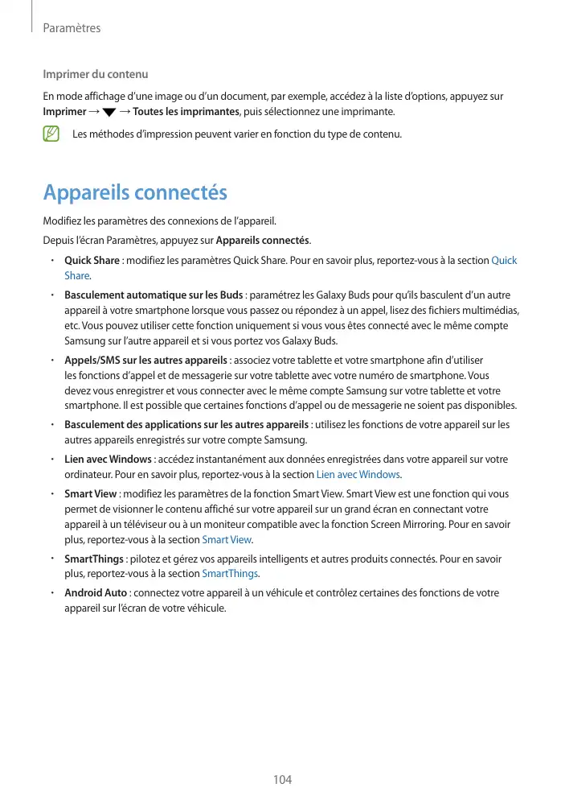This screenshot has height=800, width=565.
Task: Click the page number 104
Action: tap(282, 780)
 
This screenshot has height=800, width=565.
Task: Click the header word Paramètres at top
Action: tap(72, 28)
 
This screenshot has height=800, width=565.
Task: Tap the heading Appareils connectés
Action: tap(135, 193)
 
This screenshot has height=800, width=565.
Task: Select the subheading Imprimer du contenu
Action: tap(95, 75)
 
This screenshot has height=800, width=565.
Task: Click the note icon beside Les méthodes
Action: tap(52, 133)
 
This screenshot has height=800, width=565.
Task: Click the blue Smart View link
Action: tap(227, 539)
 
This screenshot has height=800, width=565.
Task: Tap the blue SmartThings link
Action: tap(231, 573)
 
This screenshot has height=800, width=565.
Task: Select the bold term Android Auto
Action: tap(96, 593)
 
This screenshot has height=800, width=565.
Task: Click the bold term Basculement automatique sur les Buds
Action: tap(154, 295)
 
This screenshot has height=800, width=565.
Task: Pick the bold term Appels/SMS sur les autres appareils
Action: tap(146, 361)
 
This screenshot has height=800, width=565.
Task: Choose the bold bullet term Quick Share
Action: tap(92, 261)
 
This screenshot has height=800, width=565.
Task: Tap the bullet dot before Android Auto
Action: tap(51, 593)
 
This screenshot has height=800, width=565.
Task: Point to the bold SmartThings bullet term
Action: tap(94, 559)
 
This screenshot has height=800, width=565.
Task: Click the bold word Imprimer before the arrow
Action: tap(64, 111)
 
